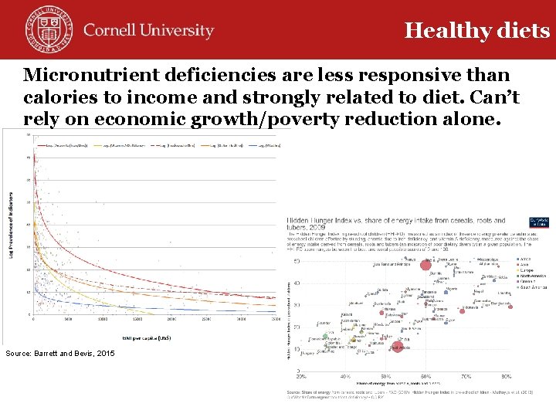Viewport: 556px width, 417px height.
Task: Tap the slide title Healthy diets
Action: point(476,30)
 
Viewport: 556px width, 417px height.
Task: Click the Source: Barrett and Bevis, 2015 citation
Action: point(59,353)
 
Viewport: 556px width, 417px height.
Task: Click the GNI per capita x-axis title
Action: point(148,337)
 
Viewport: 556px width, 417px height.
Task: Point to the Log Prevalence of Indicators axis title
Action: point(11,225)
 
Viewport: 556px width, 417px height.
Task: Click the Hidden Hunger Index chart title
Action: point(395,225)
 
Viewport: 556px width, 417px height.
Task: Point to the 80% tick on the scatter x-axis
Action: point(507,376)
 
